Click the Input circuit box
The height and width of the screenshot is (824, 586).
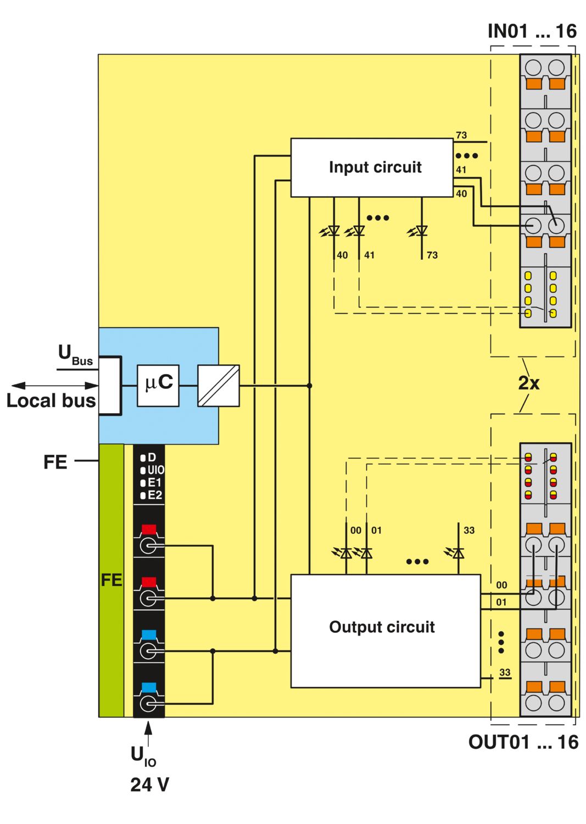point(372,168)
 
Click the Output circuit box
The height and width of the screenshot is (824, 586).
point(386,631)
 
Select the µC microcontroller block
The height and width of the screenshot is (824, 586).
point(158,386)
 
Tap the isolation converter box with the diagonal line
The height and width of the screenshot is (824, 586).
point(219,386)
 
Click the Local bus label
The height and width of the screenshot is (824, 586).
point(51,400)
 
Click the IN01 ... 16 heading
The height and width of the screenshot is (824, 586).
point(532,31)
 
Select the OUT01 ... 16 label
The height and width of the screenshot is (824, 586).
point(523,742)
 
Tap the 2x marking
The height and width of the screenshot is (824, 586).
point(529,383)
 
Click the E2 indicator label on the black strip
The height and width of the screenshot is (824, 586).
point(154,495)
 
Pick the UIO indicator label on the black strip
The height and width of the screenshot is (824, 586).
point(155,470)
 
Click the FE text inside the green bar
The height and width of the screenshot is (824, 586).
point(111,581)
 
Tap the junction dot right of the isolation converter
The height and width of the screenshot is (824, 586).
point(309,386)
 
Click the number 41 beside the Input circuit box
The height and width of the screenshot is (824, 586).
point(461,170)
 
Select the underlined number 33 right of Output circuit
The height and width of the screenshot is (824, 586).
point(505,673)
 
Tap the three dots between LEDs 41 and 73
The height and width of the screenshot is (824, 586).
point(378,218)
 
